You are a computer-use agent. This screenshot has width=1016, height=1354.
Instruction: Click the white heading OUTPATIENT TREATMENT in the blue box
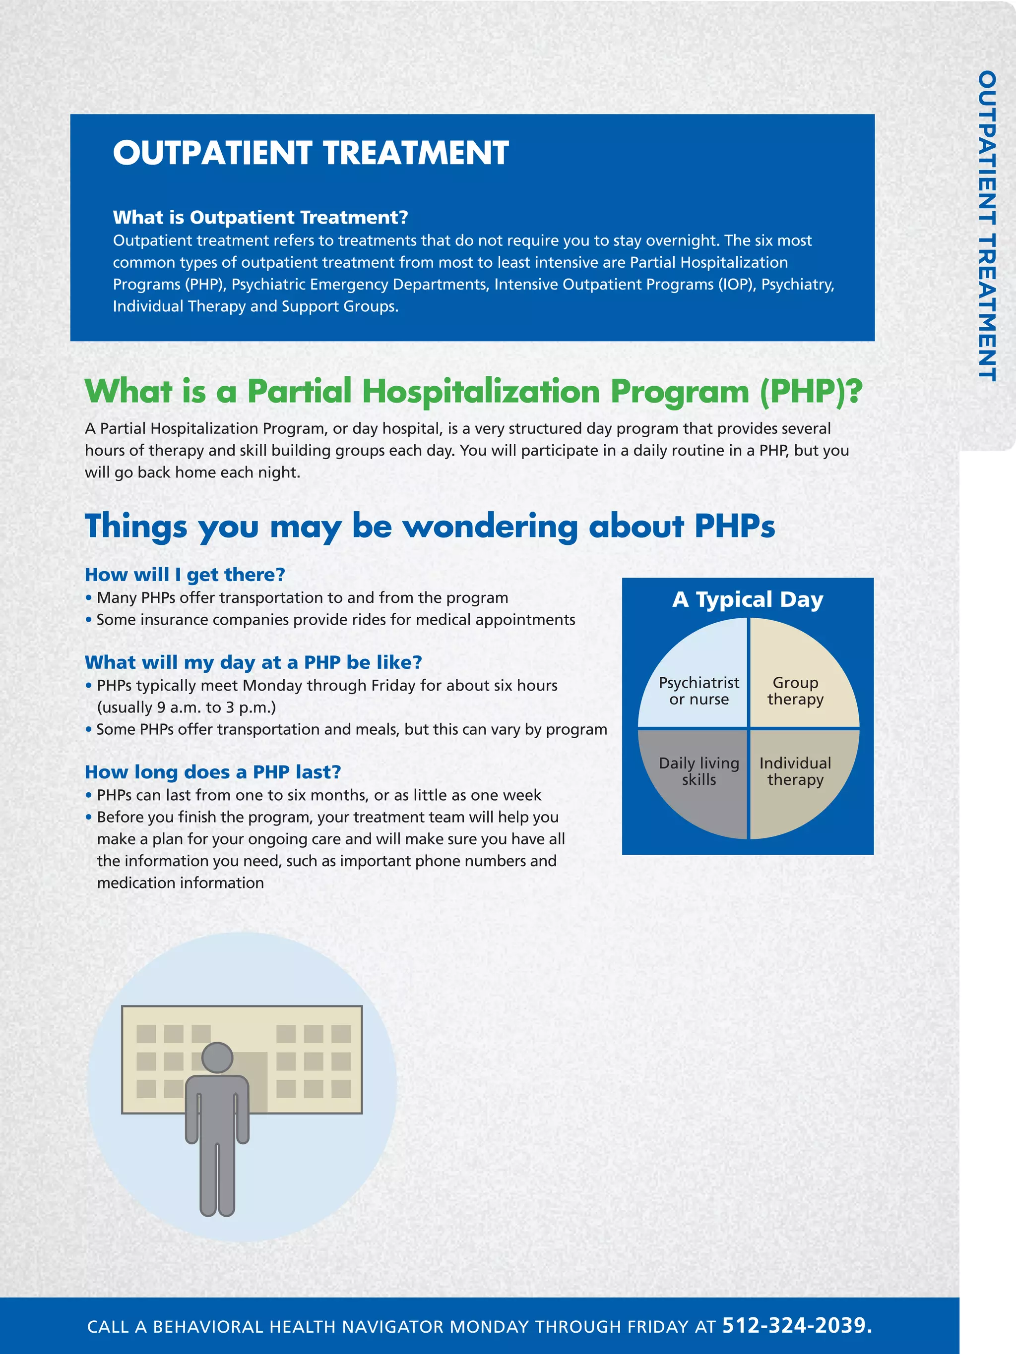coord(311,153)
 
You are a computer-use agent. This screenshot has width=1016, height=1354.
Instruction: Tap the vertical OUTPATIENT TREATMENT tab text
coord(987,226)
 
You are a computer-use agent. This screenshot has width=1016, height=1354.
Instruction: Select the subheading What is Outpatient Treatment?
coord(260,217)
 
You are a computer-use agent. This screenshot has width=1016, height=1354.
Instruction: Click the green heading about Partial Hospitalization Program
coord(473,391)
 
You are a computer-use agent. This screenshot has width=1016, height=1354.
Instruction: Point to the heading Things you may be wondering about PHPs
coord(429,526)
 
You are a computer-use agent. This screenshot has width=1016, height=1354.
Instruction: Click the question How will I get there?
coord(185,575)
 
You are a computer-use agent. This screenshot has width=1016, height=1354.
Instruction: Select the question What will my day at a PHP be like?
coord(254,662)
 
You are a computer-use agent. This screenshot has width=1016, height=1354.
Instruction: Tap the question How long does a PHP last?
coord(212,772)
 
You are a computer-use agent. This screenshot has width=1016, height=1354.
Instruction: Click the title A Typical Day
coord(747,599)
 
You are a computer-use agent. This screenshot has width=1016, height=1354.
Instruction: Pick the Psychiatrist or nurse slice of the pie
coord(699,691)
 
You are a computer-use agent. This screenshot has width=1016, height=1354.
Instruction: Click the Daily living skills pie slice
coord(699,771)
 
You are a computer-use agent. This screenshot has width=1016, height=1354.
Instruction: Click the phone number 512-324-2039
coord(797,1325)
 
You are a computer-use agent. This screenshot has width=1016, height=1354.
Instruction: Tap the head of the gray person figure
coord(217,1057)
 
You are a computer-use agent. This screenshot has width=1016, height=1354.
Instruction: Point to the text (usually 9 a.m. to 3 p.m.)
coord(186,707)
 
